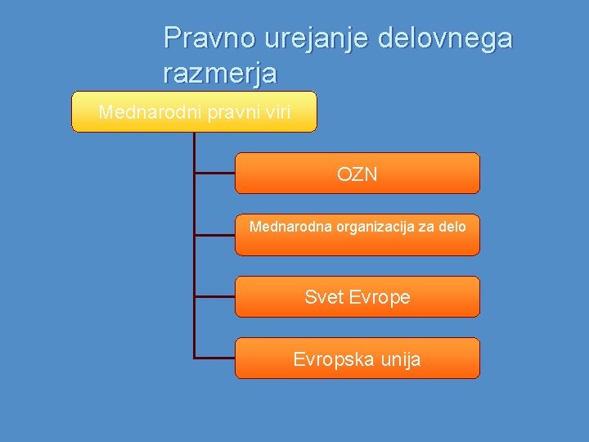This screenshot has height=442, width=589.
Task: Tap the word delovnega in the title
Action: (x=445, y=38)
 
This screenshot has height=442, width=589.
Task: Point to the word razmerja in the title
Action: (x=220, y=74)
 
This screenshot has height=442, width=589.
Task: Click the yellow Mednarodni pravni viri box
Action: (x=194, y=111)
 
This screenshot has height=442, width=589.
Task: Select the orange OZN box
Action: (x=357, y=173)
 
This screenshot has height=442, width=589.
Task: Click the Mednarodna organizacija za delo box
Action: (x=357, y=235)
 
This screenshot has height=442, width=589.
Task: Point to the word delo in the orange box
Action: (x=452, y=226)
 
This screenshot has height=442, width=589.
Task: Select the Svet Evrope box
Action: (x=357, y=296)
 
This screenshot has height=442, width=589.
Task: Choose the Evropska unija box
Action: (x=357, y=358)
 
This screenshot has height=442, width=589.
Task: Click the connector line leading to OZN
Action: (x=214, y=173)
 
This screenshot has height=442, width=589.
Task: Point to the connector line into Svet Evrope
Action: (x=214, y=296)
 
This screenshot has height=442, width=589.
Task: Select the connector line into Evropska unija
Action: (x=214, y=358)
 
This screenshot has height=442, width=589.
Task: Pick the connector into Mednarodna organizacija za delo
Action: (x=214, y=235)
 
